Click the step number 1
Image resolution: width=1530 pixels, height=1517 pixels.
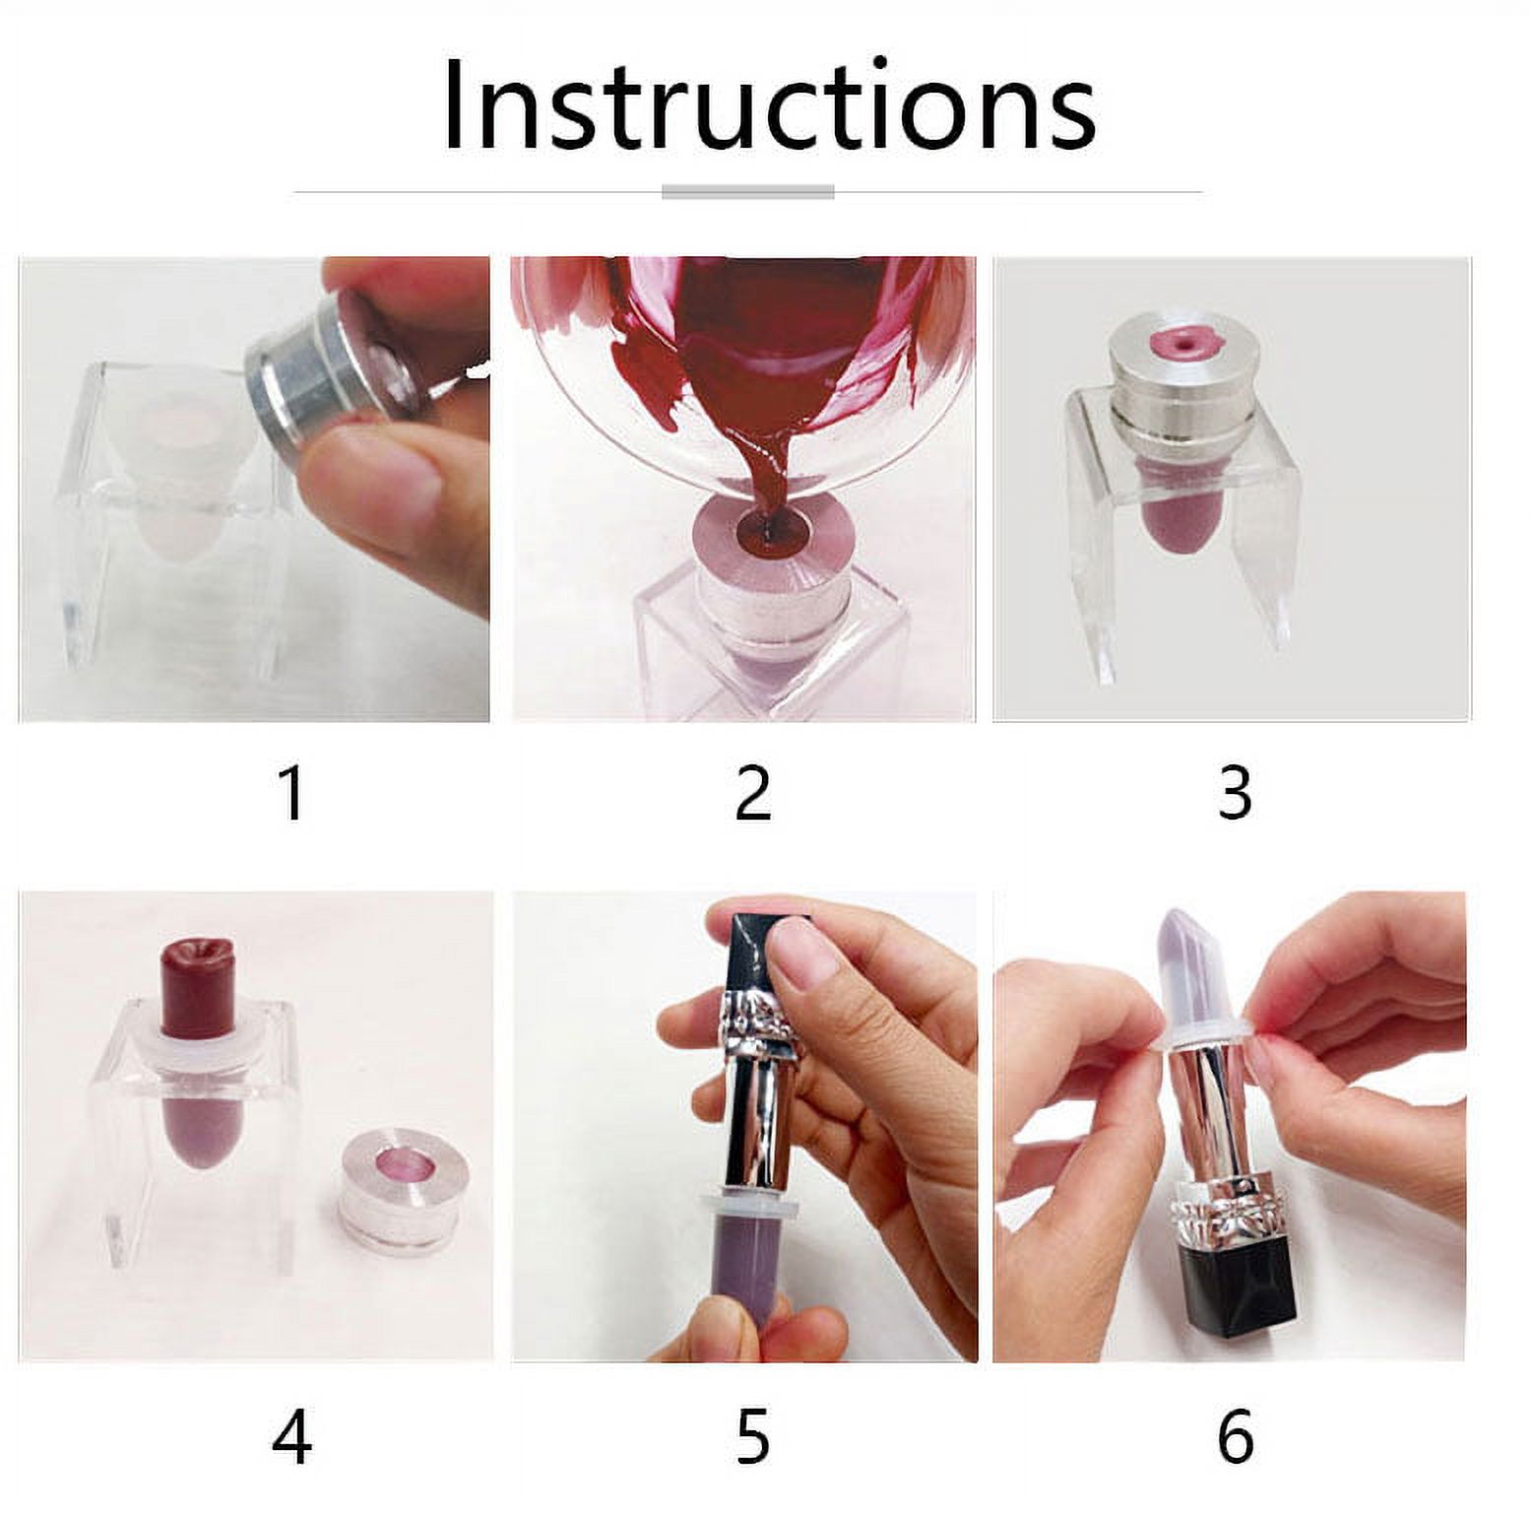(x=291, y=794)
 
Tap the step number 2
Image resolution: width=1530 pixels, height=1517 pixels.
(x=753, y=794)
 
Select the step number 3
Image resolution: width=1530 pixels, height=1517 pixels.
(x=1234, y=794)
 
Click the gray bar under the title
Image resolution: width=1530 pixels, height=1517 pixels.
(x=747, y=192)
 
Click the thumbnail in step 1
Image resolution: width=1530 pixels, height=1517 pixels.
(x=394, y=478)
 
